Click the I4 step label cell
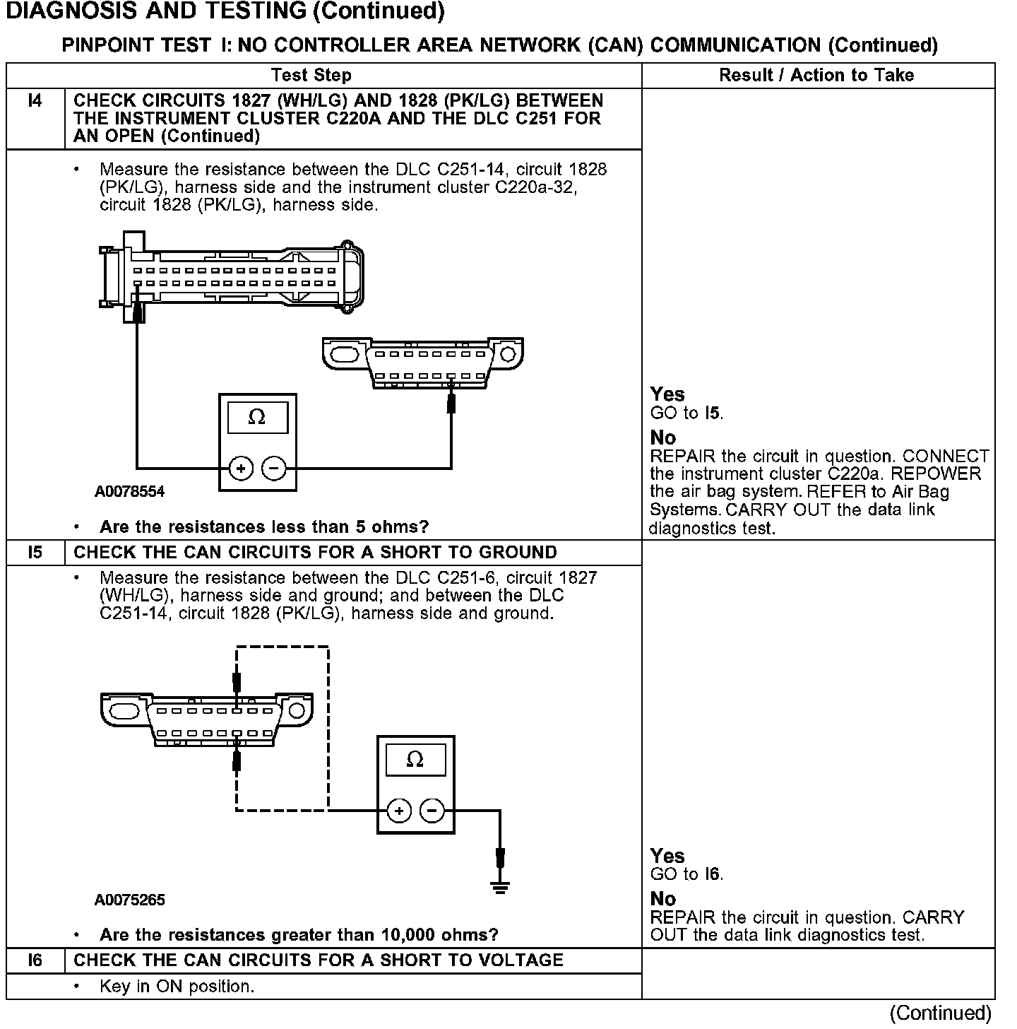click(x=35, y=101)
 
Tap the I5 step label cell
click(x=35, y=553)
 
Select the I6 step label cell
click(x=35, y=960)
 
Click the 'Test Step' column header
click(x=311, y=75)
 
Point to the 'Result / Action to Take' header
click(x=816, y=75)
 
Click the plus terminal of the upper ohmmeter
click(x=242, y=468)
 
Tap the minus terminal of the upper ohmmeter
click(x=274, y=468)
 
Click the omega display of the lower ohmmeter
click(x=415, y=760)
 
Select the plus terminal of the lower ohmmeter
click(x=399, y=811)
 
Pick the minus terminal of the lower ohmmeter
click(x=432, y=811)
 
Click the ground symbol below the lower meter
click(x=500, y=888)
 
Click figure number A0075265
click(x=129, y=900)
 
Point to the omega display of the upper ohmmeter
click(x=257, y=418)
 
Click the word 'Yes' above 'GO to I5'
click(x=667, y=394)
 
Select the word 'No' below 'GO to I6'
click(x=663, y=899)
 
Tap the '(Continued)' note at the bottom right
click(x=941, y=1013)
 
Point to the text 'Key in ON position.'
click(x=177, y=986)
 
